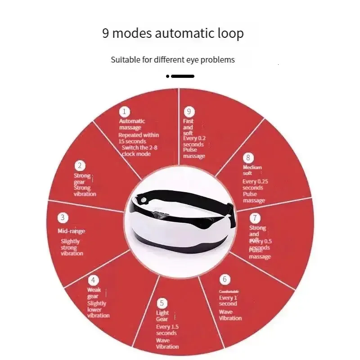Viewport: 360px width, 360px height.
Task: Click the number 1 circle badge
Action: click(124, 112)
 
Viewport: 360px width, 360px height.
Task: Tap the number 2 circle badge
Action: click(80, 166)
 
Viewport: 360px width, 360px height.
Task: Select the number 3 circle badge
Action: click(63, 218)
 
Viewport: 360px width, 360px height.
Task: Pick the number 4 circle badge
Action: click(93, 279)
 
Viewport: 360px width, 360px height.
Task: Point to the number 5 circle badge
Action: click(162, 303)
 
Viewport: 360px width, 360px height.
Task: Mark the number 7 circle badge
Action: click(255, 218)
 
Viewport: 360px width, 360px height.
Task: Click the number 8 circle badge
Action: click(247, 157)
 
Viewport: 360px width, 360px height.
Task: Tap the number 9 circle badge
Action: click(189, 112)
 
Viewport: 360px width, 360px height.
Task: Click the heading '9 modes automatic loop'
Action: click(173, 33)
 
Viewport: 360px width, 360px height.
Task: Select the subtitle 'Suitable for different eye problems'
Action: click(173, 59)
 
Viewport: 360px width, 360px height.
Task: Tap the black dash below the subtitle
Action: click(182, 76)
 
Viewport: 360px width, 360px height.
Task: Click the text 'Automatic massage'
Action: click(131, 124)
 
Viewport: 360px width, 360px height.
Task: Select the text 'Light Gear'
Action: click(162, 316)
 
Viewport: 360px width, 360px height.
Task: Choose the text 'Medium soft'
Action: click(252, 170)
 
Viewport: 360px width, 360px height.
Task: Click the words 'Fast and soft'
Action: click(188, 127)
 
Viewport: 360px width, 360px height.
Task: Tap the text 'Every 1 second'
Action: click(228, 301)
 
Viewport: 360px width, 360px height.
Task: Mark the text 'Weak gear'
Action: click(94, 293)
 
